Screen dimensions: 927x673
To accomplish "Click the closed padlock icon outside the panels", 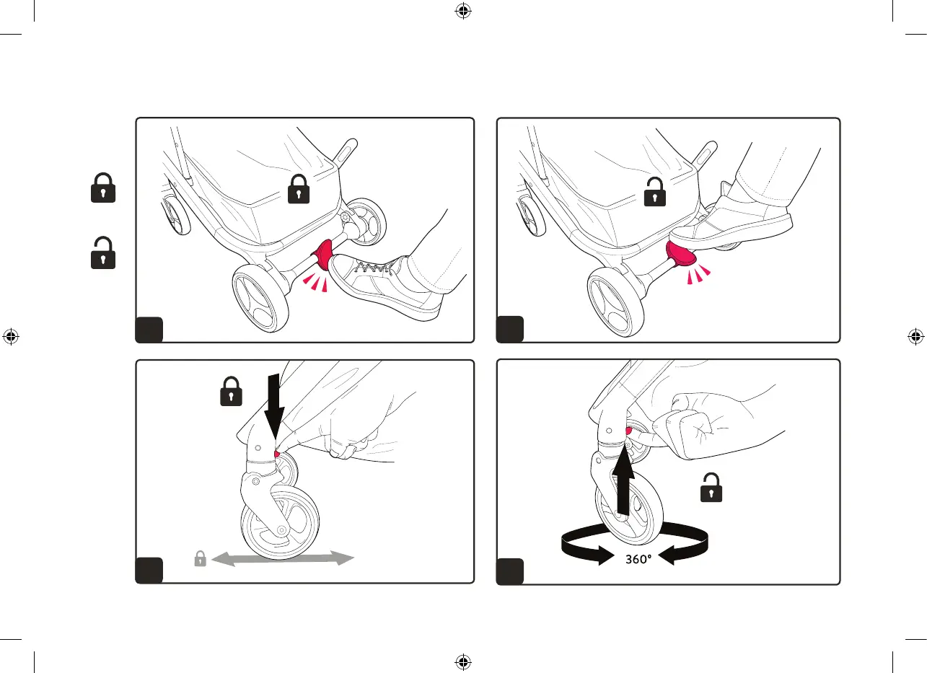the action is point(103,188).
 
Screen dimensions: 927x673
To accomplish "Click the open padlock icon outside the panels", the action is point(103,253).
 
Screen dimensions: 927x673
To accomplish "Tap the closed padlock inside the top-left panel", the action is point(299,189).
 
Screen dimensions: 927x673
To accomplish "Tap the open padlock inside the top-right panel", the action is point(655,192).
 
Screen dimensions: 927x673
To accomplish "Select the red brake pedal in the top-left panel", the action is point(322,255).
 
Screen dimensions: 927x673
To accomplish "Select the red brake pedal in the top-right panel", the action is point(681,255).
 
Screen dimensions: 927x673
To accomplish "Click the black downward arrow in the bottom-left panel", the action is point(274,406).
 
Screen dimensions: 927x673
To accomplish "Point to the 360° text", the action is point(638,560).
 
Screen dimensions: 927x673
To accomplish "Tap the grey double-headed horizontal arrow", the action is point(283,558).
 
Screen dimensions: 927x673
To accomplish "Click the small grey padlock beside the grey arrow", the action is point(201,558).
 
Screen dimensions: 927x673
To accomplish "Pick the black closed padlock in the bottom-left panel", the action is point(231,391).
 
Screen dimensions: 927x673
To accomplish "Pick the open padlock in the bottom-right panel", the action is point(711,488).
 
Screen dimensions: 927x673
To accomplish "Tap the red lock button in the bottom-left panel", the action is point(277,454).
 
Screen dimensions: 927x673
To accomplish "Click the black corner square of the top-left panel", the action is point(149,330).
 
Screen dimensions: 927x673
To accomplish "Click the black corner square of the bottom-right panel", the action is point(510,571).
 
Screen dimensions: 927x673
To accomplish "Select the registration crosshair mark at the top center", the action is point(463,11).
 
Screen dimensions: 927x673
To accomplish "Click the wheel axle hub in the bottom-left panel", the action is point(281,529).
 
